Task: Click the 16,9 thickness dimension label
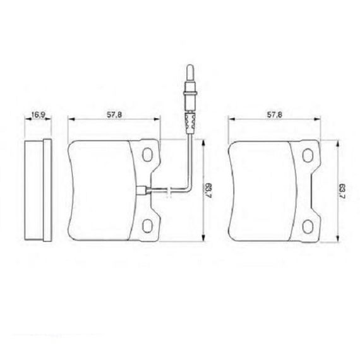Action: pos(38,114)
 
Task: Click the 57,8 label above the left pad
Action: pos(114,115)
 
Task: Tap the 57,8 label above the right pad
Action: pos(274,115)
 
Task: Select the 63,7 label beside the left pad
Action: pos(208,191)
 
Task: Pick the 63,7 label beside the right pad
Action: pos(343,191)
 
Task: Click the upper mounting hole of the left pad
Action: pos(147,155)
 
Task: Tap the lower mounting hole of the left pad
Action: pos(147,225)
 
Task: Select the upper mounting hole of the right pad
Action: pos(308,155)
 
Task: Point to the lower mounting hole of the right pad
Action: pos(308,226)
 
